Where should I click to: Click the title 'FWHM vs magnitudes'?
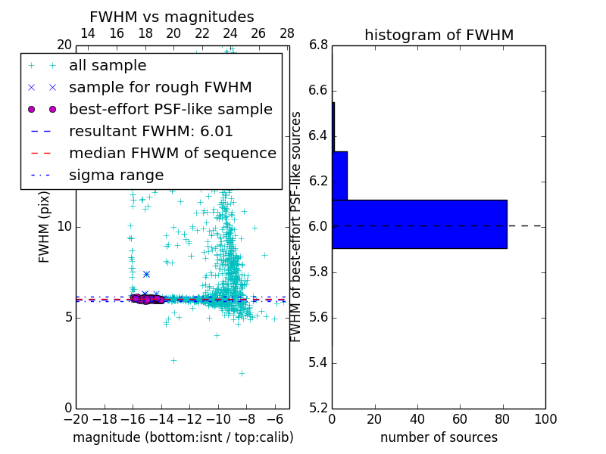(x=172, y=17)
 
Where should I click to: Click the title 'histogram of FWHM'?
(x=439, y=35)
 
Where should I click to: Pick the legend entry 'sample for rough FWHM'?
(x=160, y=87)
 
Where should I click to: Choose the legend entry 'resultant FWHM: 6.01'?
(x=151, y=131)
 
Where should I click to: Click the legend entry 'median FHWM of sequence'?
(x=173, y=153)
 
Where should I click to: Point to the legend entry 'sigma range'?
(x=116, y=175)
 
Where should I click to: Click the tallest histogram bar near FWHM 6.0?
(x=420, y=224)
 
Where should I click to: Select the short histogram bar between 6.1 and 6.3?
(x=339, y=176)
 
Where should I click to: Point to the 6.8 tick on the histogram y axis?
(x=318, y=45)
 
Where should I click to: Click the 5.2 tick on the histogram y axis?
(x=318, y=408)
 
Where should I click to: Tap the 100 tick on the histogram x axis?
(x=545, y=419)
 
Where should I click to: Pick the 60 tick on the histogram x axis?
(x=460, y=419)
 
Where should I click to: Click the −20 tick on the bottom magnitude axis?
(x=76, y=419)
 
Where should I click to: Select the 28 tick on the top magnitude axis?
(x=287, y=34)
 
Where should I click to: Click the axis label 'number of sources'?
(x=439, y=437)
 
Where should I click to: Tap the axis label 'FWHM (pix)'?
(x=45, y=226)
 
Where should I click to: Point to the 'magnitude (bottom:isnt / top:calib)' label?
(x=183, y=437)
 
